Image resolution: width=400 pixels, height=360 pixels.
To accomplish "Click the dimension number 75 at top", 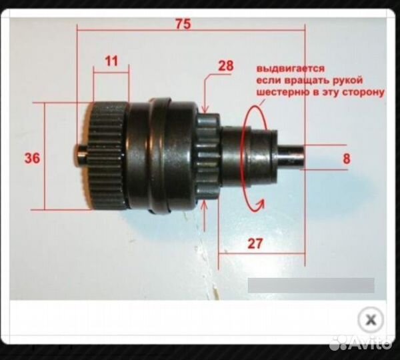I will [x=183, y=25].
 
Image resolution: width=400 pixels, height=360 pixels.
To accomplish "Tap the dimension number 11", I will [x=111, y=61].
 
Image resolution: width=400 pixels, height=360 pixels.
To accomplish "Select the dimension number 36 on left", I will [x=32, y=158].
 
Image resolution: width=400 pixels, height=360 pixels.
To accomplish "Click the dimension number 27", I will [x=255, y=243].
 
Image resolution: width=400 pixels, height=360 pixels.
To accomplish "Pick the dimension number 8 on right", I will [x=346, y=159].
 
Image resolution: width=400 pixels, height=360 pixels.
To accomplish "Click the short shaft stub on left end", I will [x=81, y=156].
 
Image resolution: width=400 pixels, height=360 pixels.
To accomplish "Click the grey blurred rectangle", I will [x=311, y=285].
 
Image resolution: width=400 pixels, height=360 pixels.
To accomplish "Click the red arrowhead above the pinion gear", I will [x=205, y=108].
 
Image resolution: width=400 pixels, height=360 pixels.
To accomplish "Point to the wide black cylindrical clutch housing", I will [x=160, y=156].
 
